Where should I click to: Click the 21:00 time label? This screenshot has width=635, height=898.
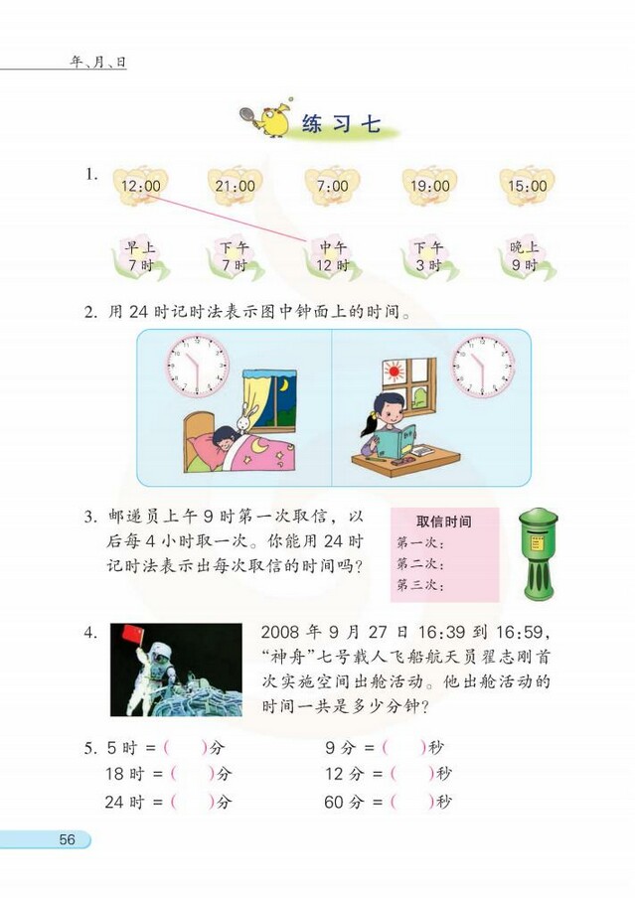pyautogui.click(x=235, y=186)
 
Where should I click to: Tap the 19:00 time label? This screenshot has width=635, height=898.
pyautogui.click(x=429, y=186)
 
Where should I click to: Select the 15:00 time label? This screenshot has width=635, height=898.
pyautogui.click(x=527, y=186)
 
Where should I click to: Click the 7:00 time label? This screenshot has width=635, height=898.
pyautogui.click(x=332, y=186)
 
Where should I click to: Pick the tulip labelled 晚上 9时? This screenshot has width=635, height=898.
pyautogui.click(x=524, y=257)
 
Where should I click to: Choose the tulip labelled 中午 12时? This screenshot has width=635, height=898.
pyautogui.click(x=333, y=257)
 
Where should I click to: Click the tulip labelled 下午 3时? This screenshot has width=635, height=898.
pyautogui.click(x=428, y=257)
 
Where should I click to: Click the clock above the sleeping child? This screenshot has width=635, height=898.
pyautogui.click(x=198, y=365)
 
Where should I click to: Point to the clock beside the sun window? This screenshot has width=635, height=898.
pyautogui.click(x=483, y=365)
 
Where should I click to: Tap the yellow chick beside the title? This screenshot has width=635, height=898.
pyautogui.click(x=270, y=119)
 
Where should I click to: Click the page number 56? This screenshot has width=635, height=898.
pyautogui.click(x=67, y=839)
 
